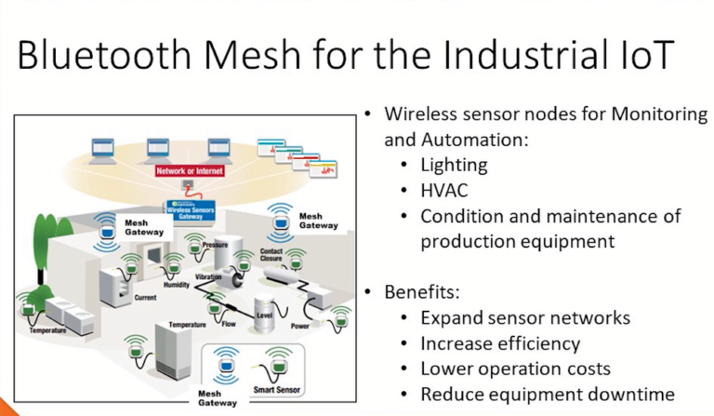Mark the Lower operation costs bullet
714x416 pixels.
click(515, 369)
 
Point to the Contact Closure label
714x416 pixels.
click(271, 256)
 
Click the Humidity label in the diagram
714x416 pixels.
click(176, 288)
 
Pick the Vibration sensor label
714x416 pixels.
click(208, 278)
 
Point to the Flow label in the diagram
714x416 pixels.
click(229, 325)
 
